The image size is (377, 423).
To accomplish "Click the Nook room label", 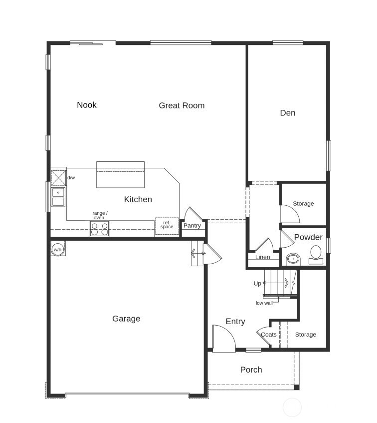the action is point(87,105).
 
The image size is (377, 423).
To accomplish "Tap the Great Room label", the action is point(182,105).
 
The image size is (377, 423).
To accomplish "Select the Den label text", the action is point(288,113).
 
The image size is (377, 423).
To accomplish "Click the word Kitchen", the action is point(138,199).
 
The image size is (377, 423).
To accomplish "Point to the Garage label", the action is point(126,319).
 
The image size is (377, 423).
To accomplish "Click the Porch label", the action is point(251,370).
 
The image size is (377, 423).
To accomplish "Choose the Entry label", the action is point(235,322).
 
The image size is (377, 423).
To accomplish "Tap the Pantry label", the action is point(192,226).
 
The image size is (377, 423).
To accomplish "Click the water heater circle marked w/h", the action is point(58,250).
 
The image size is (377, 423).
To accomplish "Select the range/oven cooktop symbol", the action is point(99,229).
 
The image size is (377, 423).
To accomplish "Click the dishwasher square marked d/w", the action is point(59,178).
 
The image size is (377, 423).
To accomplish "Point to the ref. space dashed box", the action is point(167,226).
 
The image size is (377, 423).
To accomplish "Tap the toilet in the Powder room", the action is point(316,255).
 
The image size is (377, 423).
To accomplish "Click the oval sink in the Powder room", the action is point(293,259).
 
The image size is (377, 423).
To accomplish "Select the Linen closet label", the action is point(262,257).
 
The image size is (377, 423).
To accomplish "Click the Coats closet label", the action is point(269,335).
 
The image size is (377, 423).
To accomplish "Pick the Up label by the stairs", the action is point(257,284).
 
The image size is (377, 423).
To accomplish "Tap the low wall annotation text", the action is point(264,303).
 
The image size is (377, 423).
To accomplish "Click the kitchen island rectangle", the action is point(120,174).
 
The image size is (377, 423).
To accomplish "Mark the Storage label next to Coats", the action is point(306,335).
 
